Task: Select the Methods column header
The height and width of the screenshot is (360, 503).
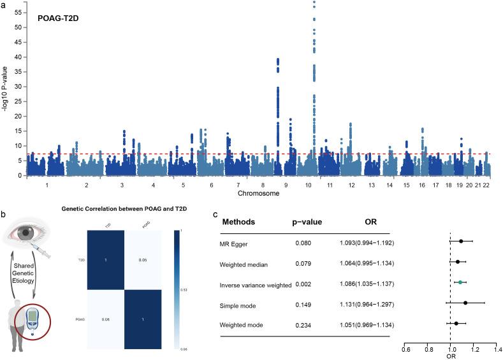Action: coord(237,222)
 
